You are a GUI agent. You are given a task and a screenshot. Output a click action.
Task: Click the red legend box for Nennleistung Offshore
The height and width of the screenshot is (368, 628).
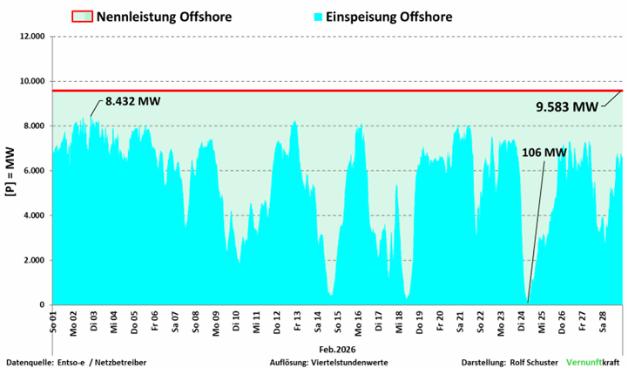coord(80,16)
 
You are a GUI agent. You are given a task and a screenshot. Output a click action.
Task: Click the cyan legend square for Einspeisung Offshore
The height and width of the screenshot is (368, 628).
coord(318,16)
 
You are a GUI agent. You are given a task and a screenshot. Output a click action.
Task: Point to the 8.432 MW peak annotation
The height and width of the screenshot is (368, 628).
coord(133,101)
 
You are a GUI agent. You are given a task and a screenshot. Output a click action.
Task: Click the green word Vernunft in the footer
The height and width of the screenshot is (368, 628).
coord(583,361)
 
